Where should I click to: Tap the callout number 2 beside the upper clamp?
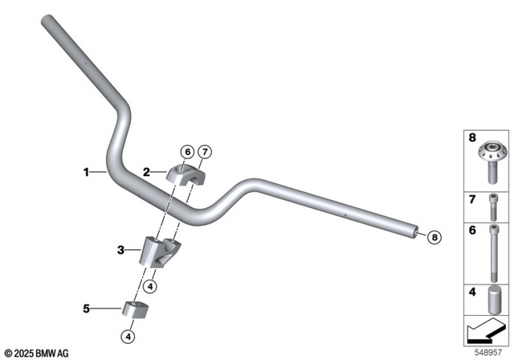click(147, 171)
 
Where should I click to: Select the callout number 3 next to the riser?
click(120, 251)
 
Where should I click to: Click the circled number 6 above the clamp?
click(186, 151)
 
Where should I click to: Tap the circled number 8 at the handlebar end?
click(434, 236)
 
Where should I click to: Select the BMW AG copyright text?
click(36, 353)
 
